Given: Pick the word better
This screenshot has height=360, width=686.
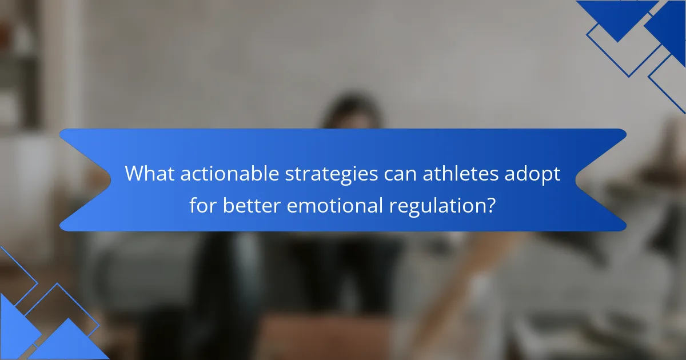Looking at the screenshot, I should tap(252, 206).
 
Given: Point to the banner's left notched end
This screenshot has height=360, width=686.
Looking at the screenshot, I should tap(80, 180).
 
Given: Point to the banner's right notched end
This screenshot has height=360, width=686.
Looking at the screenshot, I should tap(606, 180).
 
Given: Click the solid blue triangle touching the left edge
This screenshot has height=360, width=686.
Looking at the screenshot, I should tap(14, 326).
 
